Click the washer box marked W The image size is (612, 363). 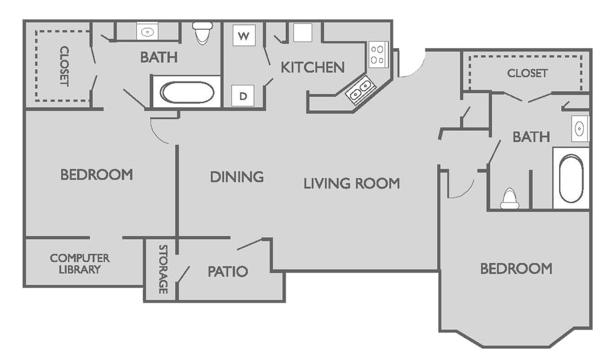click(x=244, y=36)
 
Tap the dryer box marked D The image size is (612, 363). click(x=243, y=95)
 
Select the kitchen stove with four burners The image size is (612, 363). click(x=378, y=55)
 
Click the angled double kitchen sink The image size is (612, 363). click(x=360, y=90)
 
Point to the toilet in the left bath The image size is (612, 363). click(x=202, y=33)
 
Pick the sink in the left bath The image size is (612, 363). click(x=147, y=32)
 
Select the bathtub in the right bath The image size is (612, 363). click(x=571, y=179)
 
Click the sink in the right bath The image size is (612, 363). click(x=580, y=128)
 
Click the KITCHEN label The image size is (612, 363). click(x=313, y=67)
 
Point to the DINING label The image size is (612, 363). click(x=237, y=177)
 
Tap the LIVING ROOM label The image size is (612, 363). click(x=352, y=183)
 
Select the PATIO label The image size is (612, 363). click(x=227, y=271)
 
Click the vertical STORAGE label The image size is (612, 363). click(x=163, y=270)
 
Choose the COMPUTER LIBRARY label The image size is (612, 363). click(x=80, y=263)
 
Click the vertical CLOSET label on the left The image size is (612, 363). click(x=64, y=66)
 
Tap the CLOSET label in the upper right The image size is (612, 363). click(x=527, y=73)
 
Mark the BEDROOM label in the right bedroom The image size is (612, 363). click(x=516, y=268)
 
